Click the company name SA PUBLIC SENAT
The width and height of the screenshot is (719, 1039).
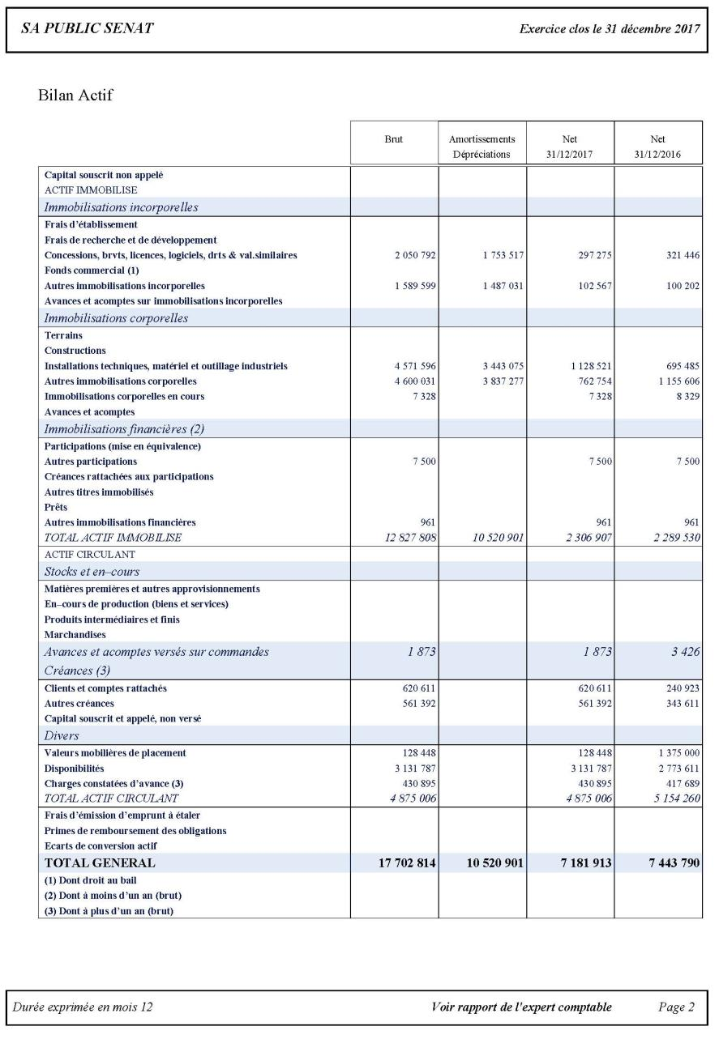click(88, 29)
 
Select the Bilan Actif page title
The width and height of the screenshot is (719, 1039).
click(75, 96)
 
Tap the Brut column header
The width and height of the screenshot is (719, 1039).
click(394, 139)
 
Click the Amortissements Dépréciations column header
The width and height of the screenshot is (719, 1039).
click(482, 147)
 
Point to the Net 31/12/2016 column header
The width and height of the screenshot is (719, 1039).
click(657, 147)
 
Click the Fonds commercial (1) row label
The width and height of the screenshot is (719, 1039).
click(92, 270)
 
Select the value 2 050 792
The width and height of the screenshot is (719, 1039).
click(416, 255)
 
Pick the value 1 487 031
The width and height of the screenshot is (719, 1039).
click(503, 286)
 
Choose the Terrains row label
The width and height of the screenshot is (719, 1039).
click(63, 335)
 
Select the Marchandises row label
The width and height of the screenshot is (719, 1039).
click(75, 635)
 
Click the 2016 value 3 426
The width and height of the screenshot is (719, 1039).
click(686, 652)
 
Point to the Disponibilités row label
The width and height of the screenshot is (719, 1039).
click(75, 769)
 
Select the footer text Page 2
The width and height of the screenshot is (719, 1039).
click(676, 1007)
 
